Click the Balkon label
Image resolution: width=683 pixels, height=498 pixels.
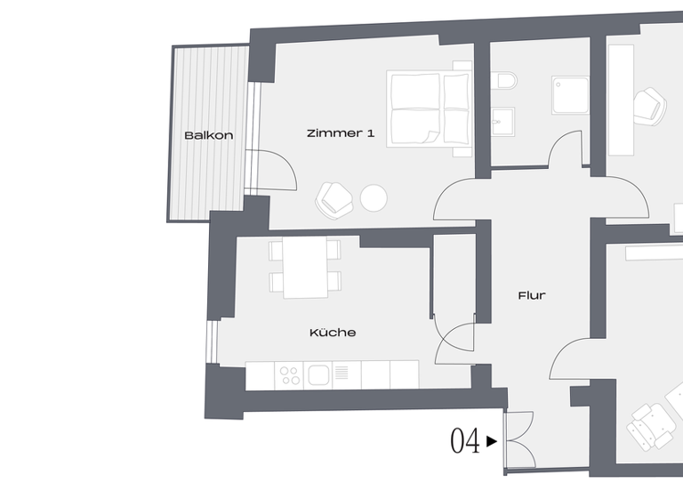(x=208, y=136)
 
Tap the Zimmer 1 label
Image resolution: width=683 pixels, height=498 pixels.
(x=340, y=133)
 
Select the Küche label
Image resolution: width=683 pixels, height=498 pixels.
(x=333, y=333)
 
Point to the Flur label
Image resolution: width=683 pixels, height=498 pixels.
(x=532, y=295)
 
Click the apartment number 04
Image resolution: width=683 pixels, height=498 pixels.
(x=465, y=441)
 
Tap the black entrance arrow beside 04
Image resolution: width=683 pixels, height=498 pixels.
(x=492, y=440)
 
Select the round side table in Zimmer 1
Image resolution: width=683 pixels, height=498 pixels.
(x=373, y=197)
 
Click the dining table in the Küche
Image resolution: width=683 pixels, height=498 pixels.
(x=306, y=269)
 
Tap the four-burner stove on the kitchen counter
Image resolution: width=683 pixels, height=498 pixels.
(x=290, y=375)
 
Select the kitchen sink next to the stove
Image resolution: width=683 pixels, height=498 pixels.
(x=319, y=375)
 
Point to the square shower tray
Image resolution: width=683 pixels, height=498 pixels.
(x=570, y=94)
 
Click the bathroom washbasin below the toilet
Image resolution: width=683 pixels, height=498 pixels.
(x=502, y=119)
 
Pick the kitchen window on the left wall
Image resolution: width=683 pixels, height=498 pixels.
(x=213, y=342)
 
